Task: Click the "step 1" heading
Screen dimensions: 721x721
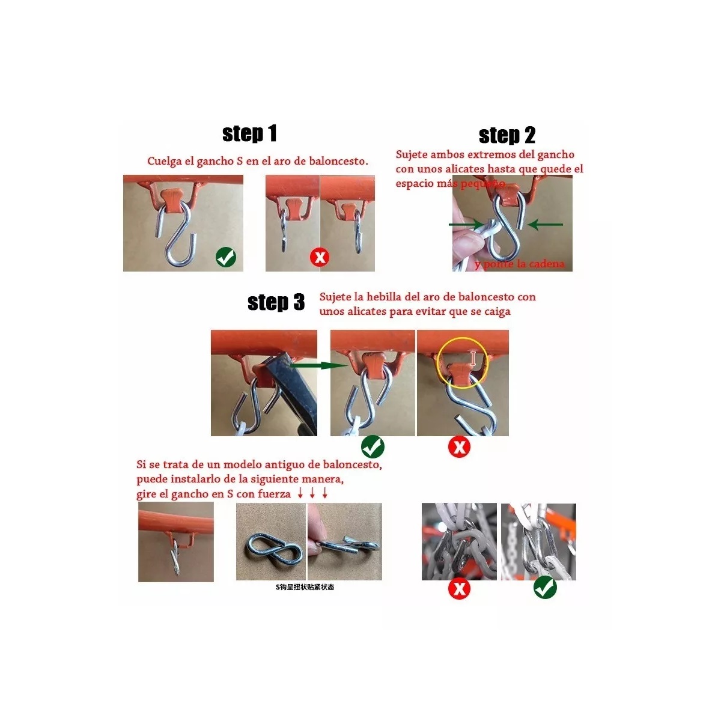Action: point(249,133)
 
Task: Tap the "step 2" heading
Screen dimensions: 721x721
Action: point(507,135)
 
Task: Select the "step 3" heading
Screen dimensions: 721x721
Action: point(276,302)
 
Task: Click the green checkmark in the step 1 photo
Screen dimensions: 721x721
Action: point(226,257)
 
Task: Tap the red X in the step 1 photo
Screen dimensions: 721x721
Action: point(320,258)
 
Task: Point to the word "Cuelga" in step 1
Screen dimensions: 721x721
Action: point(164,161)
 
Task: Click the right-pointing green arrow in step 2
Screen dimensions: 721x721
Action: point(466,225)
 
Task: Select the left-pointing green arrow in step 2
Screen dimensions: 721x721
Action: point(546,225)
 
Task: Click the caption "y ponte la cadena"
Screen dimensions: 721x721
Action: point(519,264)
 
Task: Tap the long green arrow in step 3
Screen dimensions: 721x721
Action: point(318,365)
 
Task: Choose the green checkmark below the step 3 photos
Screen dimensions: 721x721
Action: point(373,447)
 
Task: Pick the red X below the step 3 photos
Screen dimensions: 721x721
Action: point(460,447)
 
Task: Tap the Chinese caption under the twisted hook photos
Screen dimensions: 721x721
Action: point(305,587)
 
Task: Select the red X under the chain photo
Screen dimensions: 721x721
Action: point(460,588)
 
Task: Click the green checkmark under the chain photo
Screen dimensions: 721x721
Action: point(545,588)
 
